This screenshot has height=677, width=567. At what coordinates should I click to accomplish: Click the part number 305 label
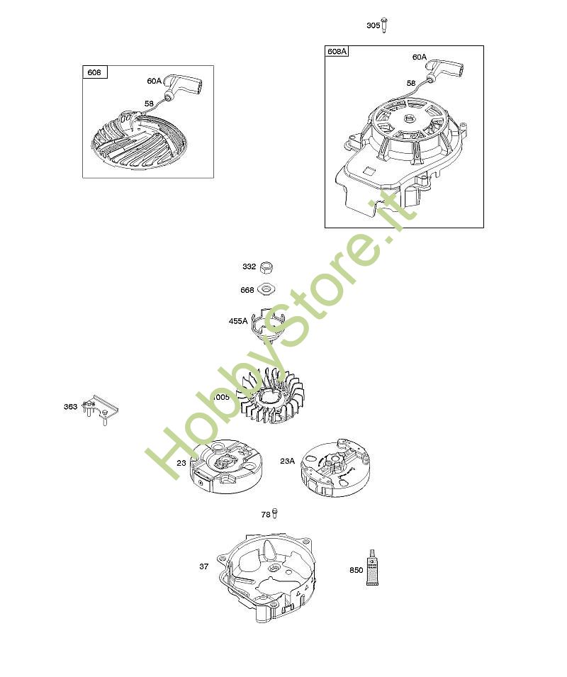374,26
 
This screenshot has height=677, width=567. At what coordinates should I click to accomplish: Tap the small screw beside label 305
384,25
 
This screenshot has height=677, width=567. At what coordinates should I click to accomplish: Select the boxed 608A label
337,51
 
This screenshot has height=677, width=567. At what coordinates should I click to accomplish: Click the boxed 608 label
94,72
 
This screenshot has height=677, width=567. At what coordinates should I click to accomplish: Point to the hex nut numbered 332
267,267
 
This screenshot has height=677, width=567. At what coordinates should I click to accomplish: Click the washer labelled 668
266,289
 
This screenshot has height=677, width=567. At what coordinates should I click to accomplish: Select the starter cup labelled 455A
269,324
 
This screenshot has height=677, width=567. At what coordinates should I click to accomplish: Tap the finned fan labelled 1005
270,395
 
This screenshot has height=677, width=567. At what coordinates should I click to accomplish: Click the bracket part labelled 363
101,409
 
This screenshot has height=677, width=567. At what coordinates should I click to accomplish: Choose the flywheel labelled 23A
335,468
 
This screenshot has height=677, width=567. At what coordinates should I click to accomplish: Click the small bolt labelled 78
275,513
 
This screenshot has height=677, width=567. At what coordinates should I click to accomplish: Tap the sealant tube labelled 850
372,568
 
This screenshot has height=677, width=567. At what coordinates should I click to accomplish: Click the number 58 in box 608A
411,83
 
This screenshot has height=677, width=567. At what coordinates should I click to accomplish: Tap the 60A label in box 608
154,81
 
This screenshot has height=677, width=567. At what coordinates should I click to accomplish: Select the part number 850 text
356,570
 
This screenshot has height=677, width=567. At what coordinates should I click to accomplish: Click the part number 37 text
203,566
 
